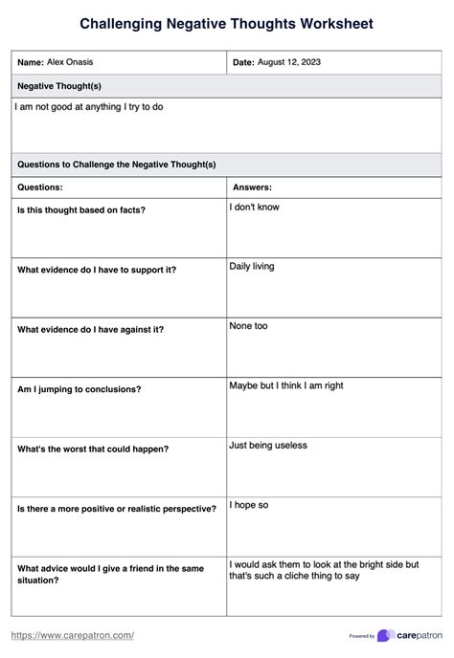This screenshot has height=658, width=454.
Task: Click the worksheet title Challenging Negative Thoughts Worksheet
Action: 226,23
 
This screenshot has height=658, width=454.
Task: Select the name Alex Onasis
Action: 70,62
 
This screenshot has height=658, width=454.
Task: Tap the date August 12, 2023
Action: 289,62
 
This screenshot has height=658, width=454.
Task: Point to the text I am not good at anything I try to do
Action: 89,107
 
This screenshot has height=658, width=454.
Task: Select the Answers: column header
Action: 252,187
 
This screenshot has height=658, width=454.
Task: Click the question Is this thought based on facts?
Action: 81,209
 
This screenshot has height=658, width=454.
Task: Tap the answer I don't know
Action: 254,207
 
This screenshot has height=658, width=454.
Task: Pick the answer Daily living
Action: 251,266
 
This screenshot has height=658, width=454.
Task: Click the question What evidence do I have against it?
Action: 90,329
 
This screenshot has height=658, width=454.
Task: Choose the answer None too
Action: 248,326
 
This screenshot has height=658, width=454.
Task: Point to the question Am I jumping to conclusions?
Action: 79,389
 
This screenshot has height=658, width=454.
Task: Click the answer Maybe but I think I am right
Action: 285,385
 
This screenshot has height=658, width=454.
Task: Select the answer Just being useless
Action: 267,445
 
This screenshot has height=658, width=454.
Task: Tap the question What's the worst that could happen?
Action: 93,449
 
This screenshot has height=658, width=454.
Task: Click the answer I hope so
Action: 248,504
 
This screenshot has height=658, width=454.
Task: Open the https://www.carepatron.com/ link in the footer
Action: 72,635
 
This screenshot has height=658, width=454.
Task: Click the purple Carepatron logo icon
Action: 386,635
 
